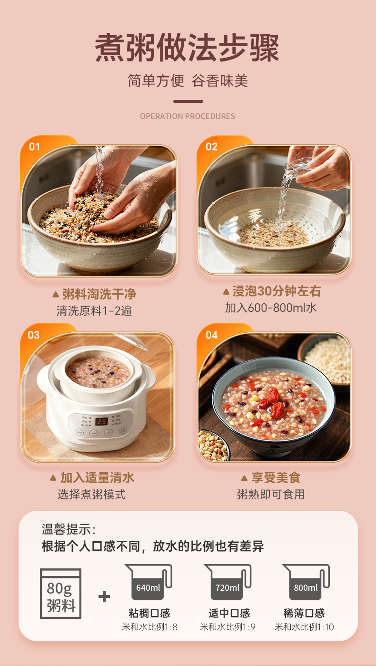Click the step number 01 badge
[34, 147]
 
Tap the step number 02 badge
[211, 147]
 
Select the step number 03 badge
[34, 335]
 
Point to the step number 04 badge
[211, 335]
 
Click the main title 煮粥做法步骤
[187, 48]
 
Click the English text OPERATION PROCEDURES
[188, 116]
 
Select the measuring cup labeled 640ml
[149, 582]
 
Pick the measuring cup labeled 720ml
[228, 582]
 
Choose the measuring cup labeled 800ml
[307, 582]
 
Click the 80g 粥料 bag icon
[60, 594]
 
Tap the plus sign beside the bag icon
[104, 596]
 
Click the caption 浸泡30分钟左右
[277, 291]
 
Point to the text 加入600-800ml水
[271, 308]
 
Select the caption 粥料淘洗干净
[99, 294]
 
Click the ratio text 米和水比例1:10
[304, 627]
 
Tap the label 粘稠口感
[149, 613]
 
